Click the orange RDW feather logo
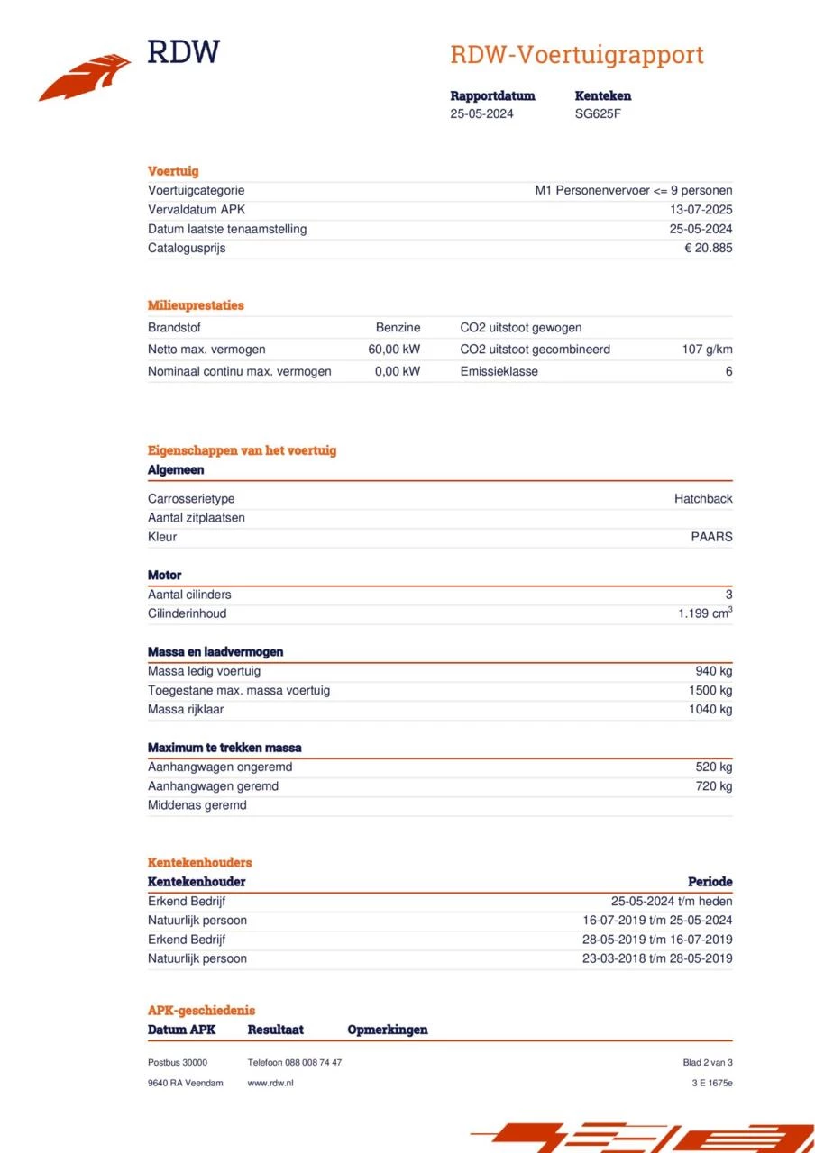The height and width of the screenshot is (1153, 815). pos(85,77)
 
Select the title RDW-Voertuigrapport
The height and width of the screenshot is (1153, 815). pos(576,55)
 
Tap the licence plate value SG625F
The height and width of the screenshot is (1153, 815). pos(598,113)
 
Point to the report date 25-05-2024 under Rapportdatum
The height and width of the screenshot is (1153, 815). pos(481,113)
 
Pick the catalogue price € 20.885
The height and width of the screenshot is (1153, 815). pos(708,248)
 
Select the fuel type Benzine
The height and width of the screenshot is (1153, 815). pos(398,328)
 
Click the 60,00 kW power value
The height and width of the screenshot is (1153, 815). pos(394,350)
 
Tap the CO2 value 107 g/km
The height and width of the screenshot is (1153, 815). pos(707,350)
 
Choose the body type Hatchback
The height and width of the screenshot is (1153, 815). pos(703,499)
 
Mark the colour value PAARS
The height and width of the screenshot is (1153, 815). pos(711,537)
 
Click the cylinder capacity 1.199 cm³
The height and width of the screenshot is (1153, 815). pos(705,613)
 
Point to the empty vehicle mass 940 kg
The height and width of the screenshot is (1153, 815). pos(713,671)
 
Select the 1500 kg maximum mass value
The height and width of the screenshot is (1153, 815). pos(710,691)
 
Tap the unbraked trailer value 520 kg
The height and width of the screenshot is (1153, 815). pos(713,767)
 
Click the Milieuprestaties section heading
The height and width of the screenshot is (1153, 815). pos(196,305)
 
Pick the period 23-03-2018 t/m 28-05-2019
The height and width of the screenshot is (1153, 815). pos(657,958)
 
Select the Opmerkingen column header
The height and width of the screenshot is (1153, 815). pos(388,1030)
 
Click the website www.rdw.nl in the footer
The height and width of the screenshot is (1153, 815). pos(270,1083)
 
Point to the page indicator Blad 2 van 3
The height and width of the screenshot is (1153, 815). pos(708,1063)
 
